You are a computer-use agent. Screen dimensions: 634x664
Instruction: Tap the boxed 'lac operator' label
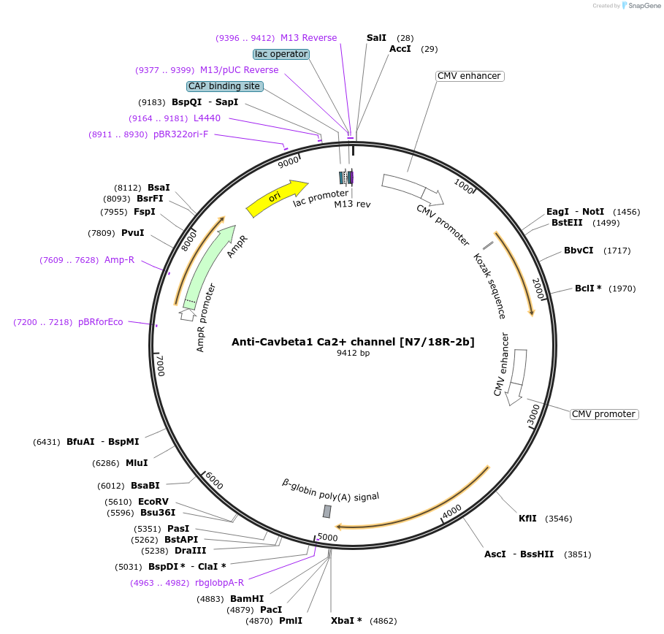coord(281,54)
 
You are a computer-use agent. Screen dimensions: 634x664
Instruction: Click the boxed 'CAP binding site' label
coord(224,86)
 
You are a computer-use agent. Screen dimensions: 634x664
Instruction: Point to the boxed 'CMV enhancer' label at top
coord(469,76)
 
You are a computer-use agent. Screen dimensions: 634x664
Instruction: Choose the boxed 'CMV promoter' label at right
coord(603,414)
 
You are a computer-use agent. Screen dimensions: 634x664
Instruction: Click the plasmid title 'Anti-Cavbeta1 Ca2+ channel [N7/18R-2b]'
coord(353,341)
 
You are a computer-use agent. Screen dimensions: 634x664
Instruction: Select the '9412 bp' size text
coord(353,354)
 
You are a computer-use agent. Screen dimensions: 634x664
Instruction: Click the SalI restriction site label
coord(376,37)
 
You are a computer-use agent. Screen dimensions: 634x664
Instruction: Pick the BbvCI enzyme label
coord(579,251)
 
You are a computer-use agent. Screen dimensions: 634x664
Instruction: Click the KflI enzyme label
coord(527,519)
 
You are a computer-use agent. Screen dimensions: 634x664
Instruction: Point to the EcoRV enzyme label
coord(153,502)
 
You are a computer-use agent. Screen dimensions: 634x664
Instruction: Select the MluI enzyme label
coord(137,462)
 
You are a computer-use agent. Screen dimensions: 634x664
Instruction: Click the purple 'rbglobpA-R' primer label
coord(219,582)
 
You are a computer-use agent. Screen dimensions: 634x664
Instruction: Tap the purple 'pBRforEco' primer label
coord(101,321)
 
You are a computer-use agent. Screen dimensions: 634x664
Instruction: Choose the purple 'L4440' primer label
coord(207,118)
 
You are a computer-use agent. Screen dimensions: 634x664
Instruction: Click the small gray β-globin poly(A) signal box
coord(327,511)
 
